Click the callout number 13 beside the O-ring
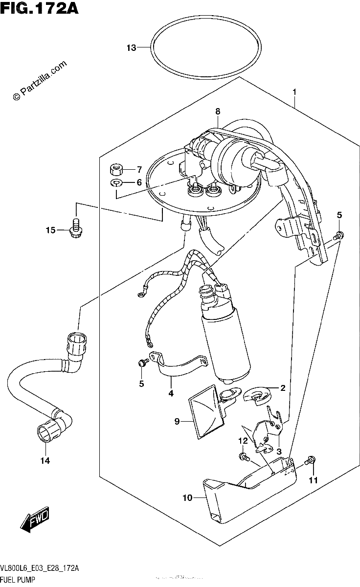point(131,48)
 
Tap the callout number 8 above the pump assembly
point(218,112)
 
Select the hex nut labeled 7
point(116,170)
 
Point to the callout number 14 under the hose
point(45,460)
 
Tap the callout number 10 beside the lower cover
point(188,497)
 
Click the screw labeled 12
point(244,457)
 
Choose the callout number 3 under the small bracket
point(279,452)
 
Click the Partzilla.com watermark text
point(40,80)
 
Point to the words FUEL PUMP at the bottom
point(18,579)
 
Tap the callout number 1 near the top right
point(294,92)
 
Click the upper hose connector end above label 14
point(77,341)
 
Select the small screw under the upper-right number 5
point(338,235)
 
